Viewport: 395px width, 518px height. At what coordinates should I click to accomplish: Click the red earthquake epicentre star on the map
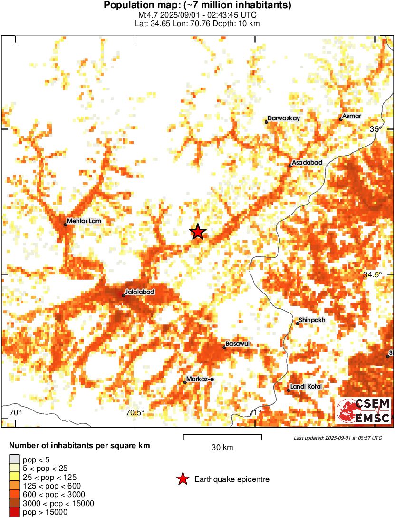pos(198,232)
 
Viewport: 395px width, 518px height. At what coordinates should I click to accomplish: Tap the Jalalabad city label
pos(139,292)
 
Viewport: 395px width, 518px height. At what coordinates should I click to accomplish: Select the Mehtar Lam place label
pos(84,221)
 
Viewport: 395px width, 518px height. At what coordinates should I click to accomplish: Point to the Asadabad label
pos(307,162)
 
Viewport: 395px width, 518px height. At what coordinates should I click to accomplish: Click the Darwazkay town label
pos(284,118)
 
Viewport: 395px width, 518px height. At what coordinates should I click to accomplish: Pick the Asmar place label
pos(352,116)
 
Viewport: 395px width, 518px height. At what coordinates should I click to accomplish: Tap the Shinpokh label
pos(312,320)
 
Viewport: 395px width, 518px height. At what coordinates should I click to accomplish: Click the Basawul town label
pos(238,343)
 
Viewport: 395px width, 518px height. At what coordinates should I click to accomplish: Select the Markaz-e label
pos(201,379)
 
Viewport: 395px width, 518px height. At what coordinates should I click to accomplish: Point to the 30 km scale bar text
pos(222,447)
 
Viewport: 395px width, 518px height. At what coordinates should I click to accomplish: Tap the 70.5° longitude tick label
pos(135,412)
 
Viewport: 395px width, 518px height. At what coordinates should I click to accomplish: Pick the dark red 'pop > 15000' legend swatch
pos(14,512)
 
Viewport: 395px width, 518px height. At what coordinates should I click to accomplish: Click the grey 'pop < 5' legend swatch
pos(14,459)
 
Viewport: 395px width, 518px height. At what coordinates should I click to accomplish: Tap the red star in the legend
pos(182,479)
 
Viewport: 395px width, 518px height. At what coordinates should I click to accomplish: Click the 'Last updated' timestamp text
pos(337,438)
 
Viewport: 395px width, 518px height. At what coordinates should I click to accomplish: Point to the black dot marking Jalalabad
pos(124,295)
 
